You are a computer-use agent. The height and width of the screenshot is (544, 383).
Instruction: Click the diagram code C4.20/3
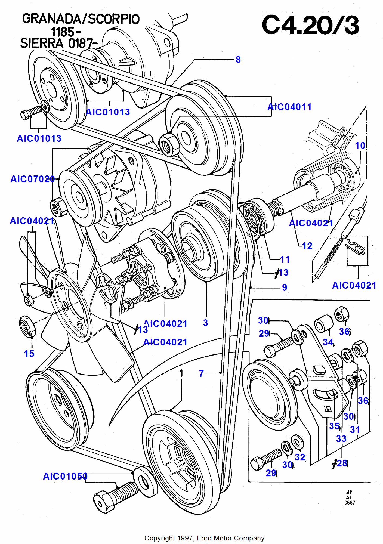(x=310, y=25)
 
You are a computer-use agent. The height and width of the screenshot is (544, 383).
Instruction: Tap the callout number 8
(x=238, y=60)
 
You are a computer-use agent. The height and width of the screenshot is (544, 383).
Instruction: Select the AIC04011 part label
(x=289, y=107)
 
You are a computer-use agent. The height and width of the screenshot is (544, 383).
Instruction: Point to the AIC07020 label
(x=33, y=179)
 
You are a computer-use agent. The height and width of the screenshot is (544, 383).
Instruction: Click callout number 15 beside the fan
(x=29, y=354)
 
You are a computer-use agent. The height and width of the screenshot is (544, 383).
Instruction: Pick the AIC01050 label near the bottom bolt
(x=65, y=476)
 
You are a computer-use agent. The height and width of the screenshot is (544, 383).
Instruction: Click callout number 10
(x=360, y=146)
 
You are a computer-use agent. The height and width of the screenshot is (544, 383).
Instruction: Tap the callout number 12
(x=307, y=246)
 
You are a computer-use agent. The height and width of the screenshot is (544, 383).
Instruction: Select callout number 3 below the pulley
(x=205, y=323)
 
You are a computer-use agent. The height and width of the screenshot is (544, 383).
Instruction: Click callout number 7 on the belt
(x=201, y=373)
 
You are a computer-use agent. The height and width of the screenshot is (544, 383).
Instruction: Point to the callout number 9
(x=285, y=287)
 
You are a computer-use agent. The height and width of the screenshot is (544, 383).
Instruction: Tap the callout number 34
(x=328, y=342)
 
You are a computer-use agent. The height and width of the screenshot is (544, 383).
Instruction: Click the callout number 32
(x=300, y=457)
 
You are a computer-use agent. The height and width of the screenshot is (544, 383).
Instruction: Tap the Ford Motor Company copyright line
(x=204, y=538)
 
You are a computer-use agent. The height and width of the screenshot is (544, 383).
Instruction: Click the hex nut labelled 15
(x=27, y=326)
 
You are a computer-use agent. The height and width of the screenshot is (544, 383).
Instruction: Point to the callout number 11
(x=285, y=259)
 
